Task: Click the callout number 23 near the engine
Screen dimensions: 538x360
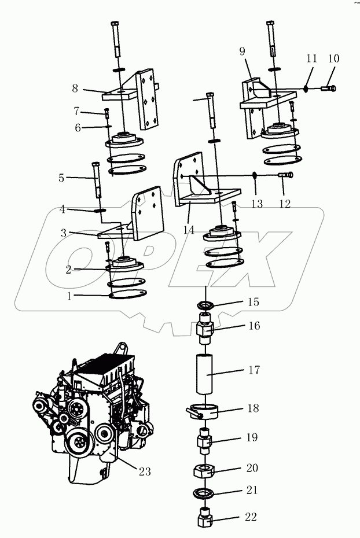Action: (x=144, y=471)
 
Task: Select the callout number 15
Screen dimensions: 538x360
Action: (x=254, y=302)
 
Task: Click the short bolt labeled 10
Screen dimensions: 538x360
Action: (x=328, y=89)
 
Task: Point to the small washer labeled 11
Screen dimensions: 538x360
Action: (x=306, y=89)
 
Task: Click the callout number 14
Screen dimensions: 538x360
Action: (x=189, y=229)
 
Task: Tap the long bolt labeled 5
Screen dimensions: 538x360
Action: (x=97, y=179)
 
